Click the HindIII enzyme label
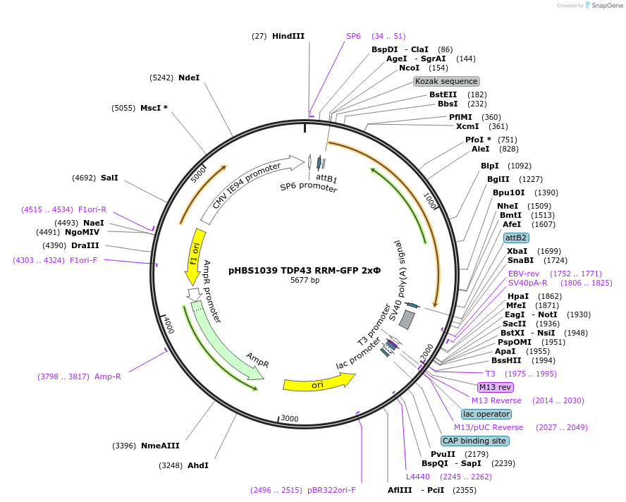[x=288, y=36]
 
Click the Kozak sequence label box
[x=446, y=81]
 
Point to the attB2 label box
[x=516, y=238]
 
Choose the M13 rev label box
[x=496, y=387]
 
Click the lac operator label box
[x=486, y=414]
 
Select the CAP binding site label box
[x=474, y=441]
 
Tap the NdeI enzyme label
[x=189, y=78]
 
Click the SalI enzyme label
[x=109, y=178]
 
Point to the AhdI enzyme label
[x=197, y=465]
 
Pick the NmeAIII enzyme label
[x=160, y=446]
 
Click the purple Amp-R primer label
[x=108, y=376]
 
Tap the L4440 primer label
[x=417, y=477]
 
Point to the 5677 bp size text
[x=305, y=280]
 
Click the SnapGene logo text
[x=606, y=6]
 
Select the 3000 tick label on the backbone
[x=290, y=419]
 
